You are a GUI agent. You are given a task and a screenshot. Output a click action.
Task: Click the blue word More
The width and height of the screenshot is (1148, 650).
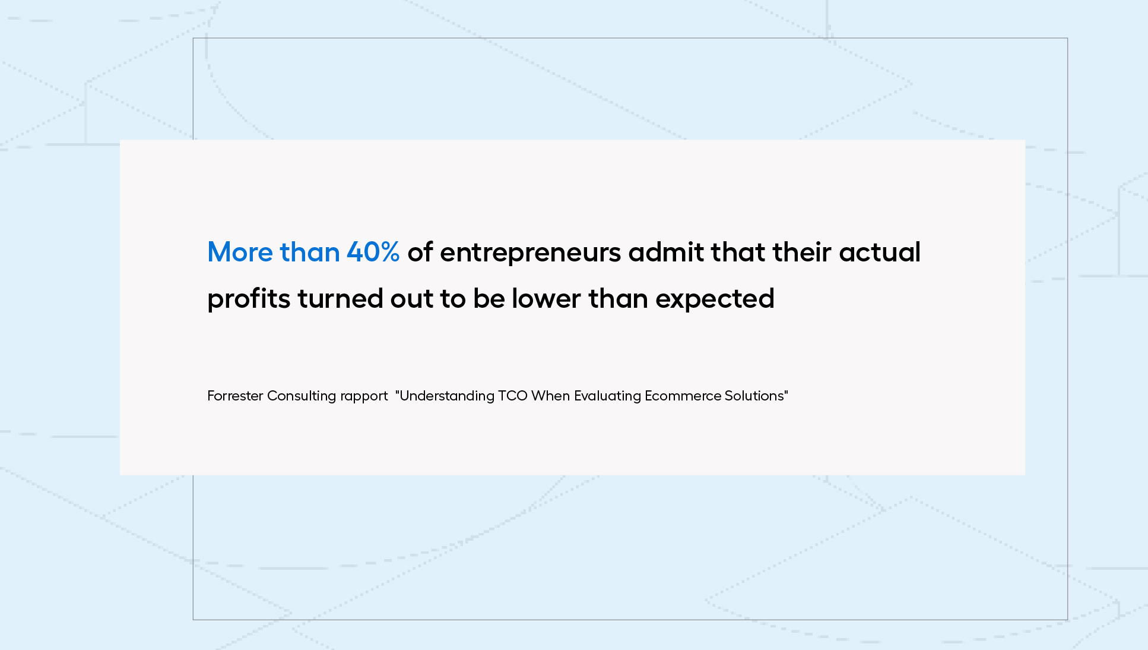point(240,252)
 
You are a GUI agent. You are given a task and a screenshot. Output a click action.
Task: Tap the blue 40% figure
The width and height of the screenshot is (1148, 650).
point(373,252)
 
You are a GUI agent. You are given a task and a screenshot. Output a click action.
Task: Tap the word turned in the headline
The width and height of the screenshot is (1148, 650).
point(341,298)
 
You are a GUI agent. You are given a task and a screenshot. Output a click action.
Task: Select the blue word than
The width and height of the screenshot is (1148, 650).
point(310,252)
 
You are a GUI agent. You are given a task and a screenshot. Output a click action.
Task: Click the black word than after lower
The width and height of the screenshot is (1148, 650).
point(618,298)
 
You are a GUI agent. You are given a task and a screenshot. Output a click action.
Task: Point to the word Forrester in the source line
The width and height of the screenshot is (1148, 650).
point(235,396)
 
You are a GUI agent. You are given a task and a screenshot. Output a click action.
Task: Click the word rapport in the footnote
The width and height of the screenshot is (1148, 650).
point(364,397)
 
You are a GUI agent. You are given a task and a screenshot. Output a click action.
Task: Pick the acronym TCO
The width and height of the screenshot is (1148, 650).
point(513,396)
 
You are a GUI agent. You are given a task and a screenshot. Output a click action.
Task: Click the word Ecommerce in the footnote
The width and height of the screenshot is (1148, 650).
point(683,396)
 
